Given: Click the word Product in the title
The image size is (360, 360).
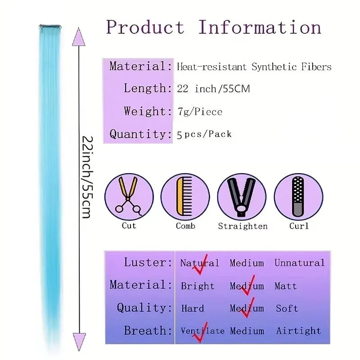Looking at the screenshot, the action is pyautogui.click(x=145, y=27).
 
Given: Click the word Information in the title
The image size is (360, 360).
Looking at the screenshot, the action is pyautogui.click(x=260, y=27).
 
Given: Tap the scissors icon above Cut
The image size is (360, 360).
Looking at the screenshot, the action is pyautogui.click(x=129, y=196).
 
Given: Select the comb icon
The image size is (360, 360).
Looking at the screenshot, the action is pyautogui.click(x=184, y=196).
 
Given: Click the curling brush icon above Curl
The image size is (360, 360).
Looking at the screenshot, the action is pyautogui.click(x=298, y=197).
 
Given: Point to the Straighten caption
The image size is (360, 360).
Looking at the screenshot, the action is pyautogui.click(x=243, y=226).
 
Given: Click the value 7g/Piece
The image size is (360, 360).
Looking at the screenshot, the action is pyautogui.click(x=200, y=112).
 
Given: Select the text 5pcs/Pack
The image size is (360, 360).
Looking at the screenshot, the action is pyautogui.click(x=204, y=134).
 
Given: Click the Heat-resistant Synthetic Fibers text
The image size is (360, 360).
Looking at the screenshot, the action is pyautogui.click(x=254, y=67).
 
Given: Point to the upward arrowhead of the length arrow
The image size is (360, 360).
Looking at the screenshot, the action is pyautogui.click(x=79, y=37).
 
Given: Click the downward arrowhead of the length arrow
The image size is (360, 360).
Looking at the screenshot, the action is pyautogui.click(x=79, y=342).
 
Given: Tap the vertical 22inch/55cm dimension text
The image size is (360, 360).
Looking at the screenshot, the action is pyautogui.click(x=88, y=177).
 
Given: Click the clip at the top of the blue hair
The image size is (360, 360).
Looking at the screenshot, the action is pyautogui.click(x=50, y=27).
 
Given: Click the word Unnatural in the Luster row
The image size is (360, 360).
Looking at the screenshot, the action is pyautogui.click(x=300, y=263).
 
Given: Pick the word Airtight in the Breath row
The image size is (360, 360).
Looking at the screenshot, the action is pyautogui.click(x=298, y=331).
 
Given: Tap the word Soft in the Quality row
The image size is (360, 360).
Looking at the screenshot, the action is pyautogui.click(x=287, y=308).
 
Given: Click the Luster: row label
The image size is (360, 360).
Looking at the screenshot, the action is pyautogui.click(x=148, y=262).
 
